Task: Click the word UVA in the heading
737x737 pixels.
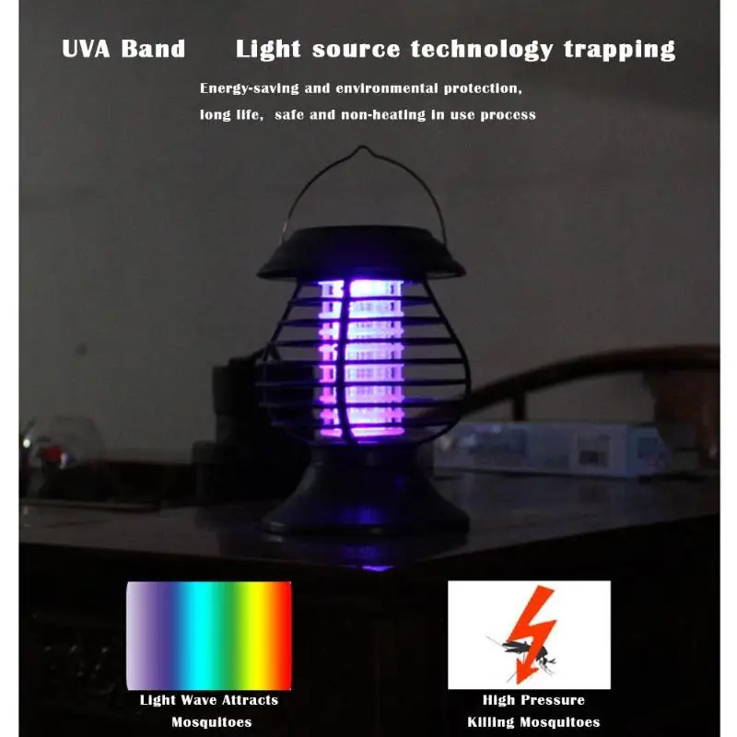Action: [86, 49]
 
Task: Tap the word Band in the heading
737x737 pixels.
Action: [154, 49]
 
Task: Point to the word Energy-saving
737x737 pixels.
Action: [250, 88]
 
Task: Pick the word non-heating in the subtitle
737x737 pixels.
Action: [383, 115]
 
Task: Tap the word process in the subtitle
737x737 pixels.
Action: [509, 116]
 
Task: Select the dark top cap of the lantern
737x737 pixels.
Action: [361, 254]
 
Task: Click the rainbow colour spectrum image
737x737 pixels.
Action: [209, 636]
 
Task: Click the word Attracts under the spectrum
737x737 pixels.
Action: [250, 700]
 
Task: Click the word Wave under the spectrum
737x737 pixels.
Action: [199, 700]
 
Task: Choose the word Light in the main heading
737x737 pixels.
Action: [268, 50]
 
